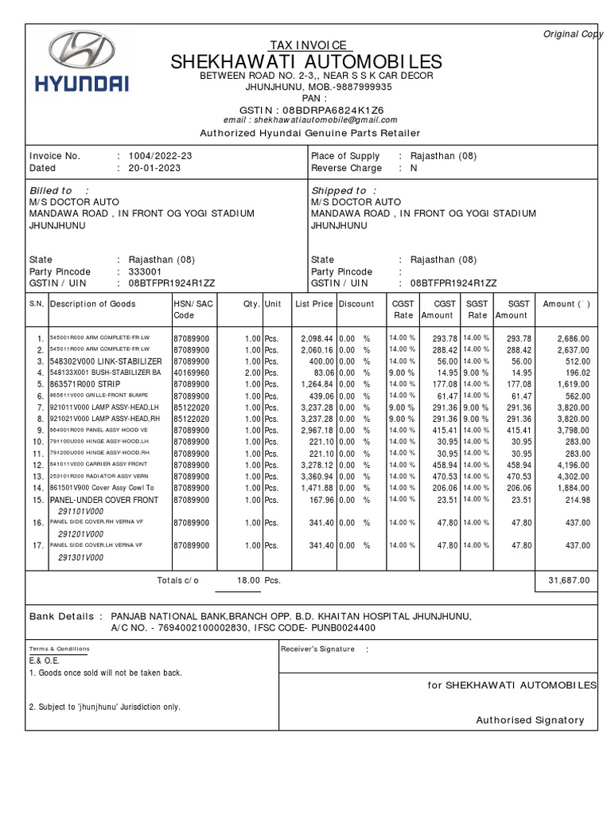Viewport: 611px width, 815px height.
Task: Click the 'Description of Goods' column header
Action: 93,304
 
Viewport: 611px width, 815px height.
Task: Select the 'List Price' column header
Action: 313,304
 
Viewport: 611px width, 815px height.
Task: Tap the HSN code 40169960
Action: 192,372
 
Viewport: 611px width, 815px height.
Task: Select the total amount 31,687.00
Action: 569,581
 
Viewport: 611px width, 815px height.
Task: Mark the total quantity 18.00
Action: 249,581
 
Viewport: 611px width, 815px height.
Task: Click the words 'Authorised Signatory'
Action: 530,720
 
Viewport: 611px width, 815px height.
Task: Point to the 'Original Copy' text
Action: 573,34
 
